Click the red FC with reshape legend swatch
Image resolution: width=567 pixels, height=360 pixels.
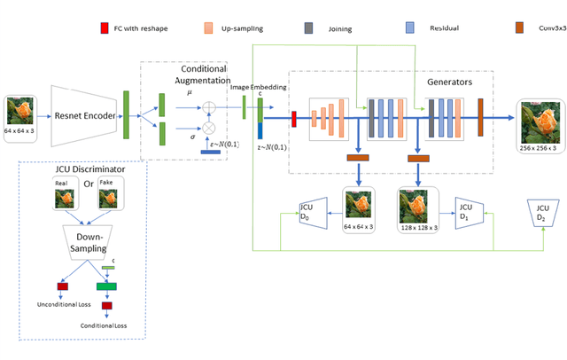[105, 29]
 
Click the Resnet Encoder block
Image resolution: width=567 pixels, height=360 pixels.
[87, 115]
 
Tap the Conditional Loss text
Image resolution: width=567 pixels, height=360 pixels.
[105, 325]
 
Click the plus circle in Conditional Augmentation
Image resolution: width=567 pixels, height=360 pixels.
[211, 107]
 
